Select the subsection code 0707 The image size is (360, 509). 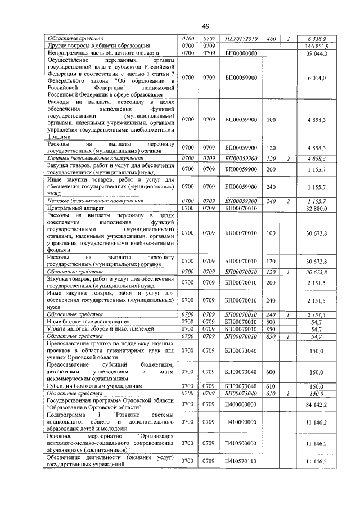pos(210,38)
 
